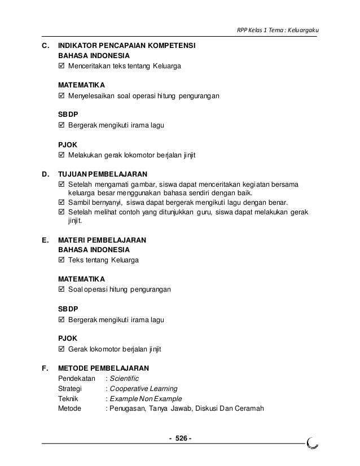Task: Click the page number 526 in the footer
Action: point(181,439)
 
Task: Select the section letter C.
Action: point(45,46)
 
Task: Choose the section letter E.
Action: point(45,239)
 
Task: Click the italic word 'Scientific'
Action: point(124,378)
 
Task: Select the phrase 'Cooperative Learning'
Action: point(143,388)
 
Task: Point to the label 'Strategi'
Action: point(71,388)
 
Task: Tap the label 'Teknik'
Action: point(69,398)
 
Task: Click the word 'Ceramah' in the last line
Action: point(251,408)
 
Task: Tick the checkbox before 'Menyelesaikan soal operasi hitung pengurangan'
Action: point(62,96)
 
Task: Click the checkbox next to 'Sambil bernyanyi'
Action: point(62,203)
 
